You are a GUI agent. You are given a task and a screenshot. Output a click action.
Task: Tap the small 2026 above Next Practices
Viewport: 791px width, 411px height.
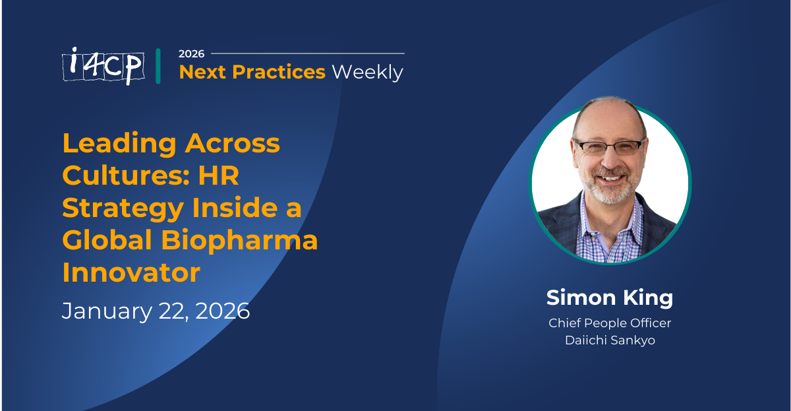(x=191, y=53)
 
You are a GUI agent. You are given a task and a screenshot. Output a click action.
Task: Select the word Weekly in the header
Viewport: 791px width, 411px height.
(x=367, y=72)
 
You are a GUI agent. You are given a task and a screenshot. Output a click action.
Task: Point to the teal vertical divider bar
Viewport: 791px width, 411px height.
(x=158, y=66)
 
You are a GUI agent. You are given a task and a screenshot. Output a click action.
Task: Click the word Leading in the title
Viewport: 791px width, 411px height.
(x=119, y=143)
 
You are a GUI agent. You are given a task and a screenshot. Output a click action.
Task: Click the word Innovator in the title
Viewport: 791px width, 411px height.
(x=131, y=272)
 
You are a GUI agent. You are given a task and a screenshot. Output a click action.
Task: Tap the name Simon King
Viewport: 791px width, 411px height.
(x=610, y=298)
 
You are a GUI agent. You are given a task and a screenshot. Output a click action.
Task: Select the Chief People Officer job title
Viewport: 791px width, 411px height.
(x=610, y=323)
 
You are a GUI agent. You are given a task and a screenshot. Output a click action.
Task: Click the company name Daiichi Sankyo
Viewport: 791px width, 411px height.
(x=610, y=341)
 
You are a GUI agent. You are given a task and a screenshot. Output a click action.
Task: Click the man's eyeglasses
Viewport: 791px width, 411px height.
(x=609, y=146)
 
